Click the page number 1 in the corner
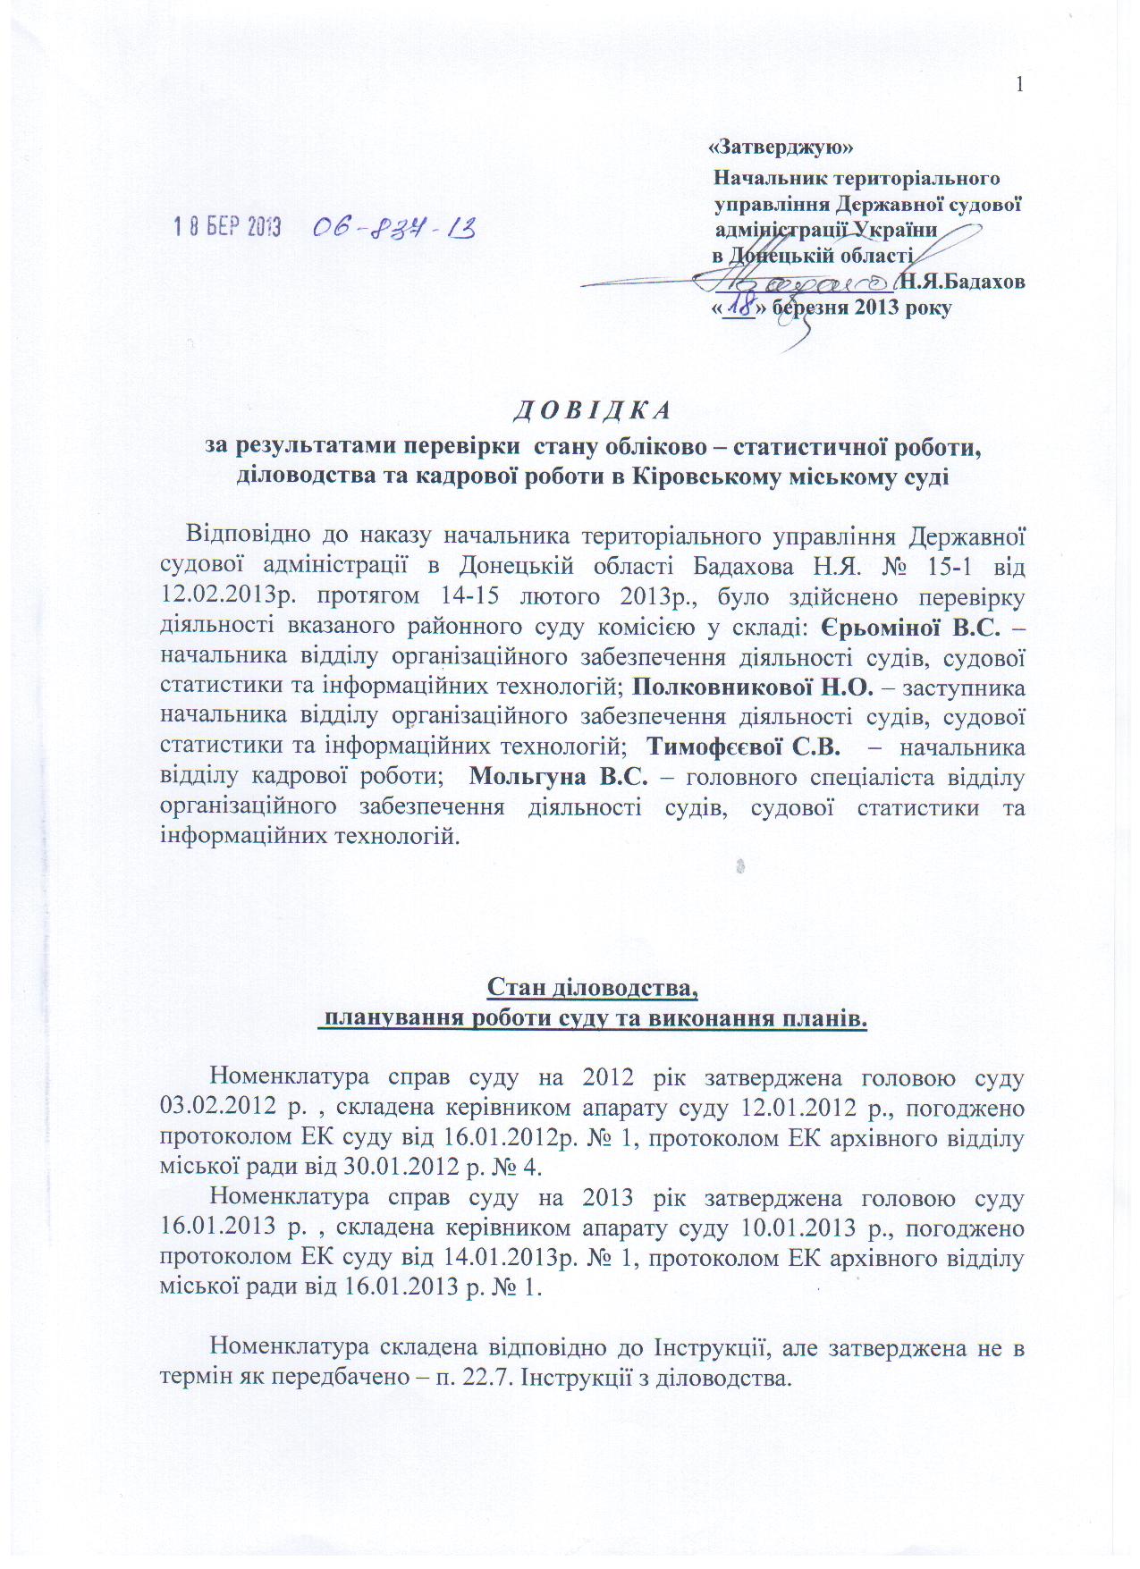coord(1019,85)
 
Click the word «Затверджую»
coord(780,147)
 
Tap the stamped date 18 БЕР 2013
coord(227,227)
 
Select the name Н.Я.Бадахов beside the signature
coord(962,282)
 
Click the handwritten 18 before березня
coord(739,307)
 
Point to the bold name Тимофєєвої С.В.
coord(742,747)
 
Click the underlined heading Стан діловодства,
coord(592,988)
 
